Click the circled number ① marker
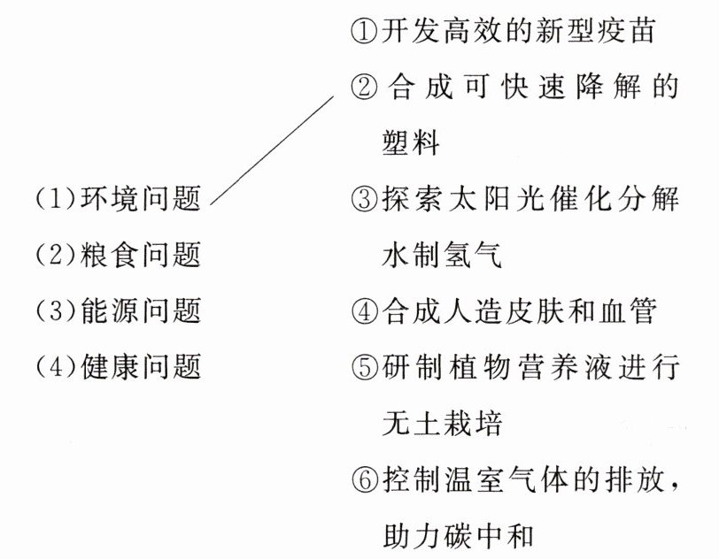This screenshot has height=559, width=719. (x=365, y=33)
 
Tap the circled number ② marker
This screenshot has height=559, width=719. (x=365, y=88)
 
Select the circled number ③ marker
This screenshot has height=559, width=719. (x=365, y=198)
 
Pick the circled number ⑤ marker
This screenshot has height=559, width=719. (x=365, y=365)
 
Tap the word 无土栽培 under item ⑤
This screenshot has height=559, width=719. (x=441, y=423)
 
